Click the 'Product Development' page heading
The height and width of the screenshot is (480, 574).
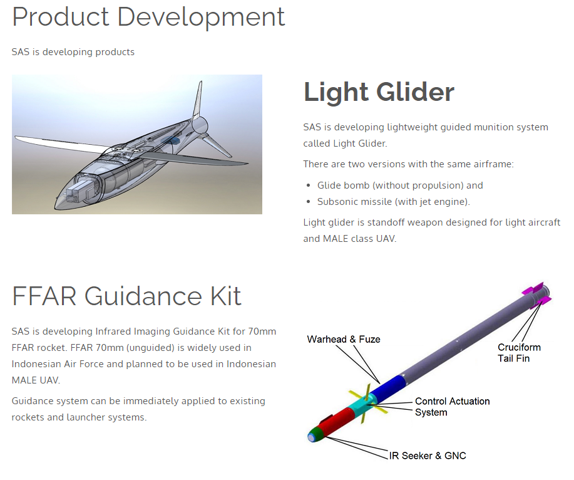click(x=148, y=17)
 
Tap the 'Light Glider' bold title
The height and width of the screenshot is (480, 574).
click(x=379, y=91)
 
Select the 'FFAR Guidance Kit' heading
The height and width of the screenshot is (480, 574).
click(x=126, y=296)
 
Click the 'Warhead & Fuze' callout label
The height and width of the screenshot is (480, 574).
click(x=344, y=339)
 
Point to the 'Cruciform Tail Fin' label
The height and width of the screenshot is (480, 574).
click(x=519, y=353)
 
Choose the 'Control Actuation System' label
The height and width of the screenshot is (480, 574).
click(x=452, y=407)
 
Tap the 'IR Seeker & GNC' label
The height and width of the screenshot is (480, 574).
click(x=428, y=456)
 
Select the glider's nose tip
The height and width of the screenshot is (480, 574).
click(x=56, y=204)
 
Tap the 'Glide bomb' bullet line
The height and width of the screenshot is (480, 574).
click(x=400, y=185)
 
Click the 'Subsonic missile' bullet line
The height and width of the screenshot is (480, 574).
click(x=394, y=202)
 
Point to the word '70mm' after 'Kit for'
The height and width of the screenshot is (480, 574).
click(x=262, y=331)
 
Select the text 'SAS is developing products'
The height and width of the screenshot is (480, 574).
click(x=73, y=52)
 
